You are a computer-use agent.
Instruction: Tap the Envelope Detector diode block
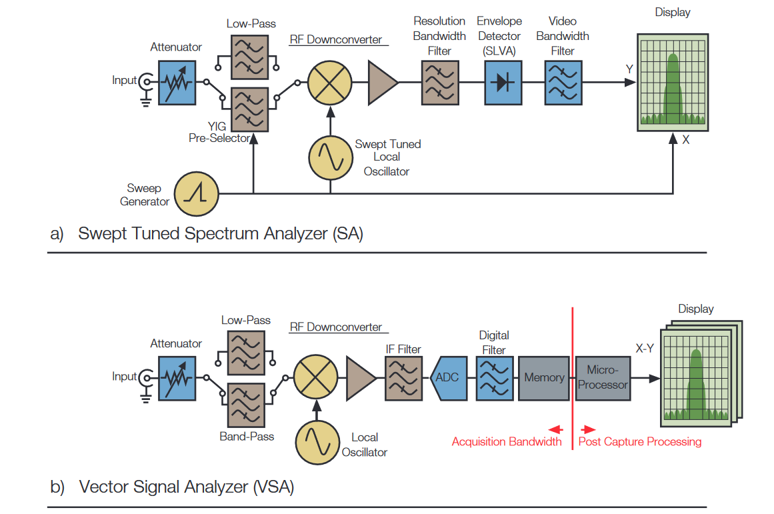coord(503,83)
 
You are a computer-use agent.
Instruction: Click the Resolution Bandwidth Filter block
coord(440,83)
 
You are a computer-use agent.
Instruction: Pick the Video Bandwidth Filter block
coord(563,83)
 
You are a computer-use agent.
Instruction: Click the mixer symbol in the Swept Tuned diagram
coord(329,83)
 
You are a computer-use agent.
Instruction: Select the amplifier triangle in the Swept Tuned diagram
coord(382,83)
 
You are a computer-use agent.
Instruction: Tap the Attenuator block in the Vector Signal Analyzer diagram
coord(177,377)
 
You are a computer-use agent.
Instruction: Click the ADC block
coord(447,377)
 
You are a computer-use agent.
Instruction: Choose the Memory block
coord(544,377)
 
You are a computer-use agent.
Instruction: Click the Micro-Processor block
coord(603,377)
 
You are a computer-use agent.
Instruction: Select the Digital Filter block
coord(495,377)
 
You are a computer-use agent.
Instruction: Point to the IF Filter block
coord(403,377)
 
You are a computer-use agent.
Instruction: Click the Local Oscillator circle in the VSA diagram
coord(317,443)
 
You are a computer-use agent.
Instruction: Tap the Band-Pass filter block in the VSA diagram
coord(246,406)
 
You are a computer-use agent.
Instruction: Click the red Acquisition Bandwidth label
coord(507,441)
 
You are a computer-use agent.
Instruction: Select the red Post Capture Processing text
coord(639,441)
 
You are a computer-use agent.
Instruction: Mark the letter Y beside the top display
coord(629,69)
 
